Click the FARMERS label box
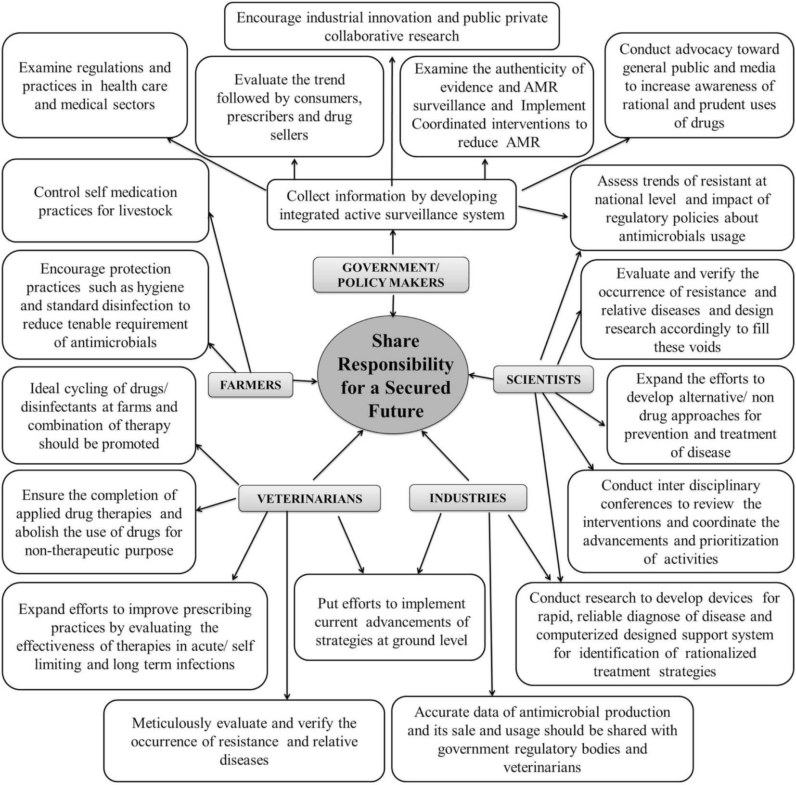pyautogui.click(x=250, y=385)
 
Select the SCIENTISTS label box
pyautogui.click(x=543, y=380)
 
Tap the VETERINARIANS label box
pyautogui.click(x=309, y=498)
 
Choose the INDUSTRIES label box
pyautogui.click(x=468, y=498)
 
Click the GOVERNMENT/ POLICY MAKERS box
pyautogui.click(x=391, y=275)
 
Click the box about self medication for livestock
pyautogui.click(x=105, y=201)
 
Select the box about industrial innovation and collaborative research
pyautogui.click(x=392, y=26)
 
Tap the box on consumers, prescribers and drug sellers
pyautogui.click(x=289, y=107)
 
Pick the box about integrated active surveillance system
pyautogui.click(x=392, y=205)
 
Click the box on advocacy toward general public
pyautogui.click(x=699, y=86)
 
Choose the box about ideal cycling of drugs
pyautogui.click(x=99, y=416)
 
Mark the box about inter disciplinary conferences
pyautogui.click(x=680, y=522)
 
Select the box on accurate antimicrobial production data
pyautogui.click(x=542, y=739)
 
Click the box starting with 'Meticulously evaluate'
pyautogui.click(x=244, y=741)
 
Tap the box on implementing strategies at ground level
pyautogui.click(x=390, y=622)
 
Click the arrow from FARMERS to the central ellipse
pyautogui.click(x=305, y=381)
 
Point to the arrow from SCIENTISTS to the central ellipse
pyautogui.click(x=481, y=377)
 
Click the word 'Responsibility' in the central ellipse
pyautogui.click(x=396, y=365)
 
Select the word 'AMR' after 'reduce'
pyautogui.click(x=523, y=142)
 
